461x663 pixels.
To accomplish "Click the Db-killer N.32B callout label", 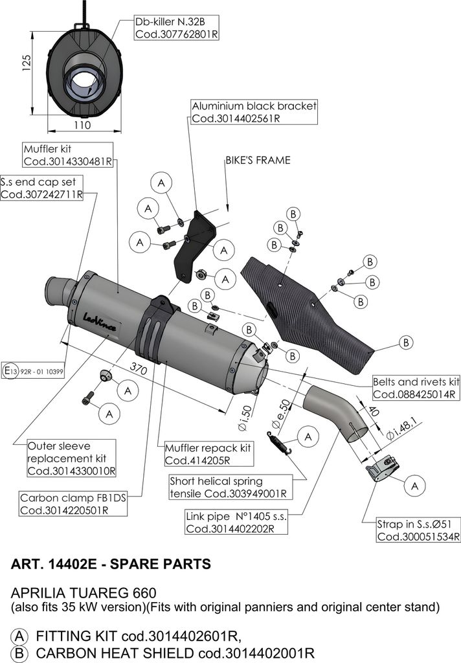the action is [177, 28].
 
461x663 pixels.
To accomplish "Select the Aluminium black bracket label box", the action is [254, 112].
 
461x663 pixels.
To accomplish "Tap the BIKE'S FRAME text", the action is [258, 161].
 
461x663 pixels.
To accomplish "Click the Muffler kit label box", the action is [68, 155].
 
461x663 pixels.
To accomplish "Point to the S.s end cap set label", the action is [41, 188].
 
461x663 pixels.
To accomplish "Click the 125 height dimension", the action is [27, 63].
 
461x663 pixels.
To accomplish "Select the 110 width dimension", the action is [82, 125].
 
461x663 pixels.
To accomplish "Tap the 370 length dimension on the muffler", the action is [139, 368].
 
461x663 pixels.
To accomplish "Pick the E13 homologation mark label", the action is [33, 371].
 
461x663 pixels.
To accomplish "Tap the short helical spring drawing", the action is [279, 443].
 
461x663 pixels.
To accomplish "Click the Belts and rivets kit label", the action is [416, 388].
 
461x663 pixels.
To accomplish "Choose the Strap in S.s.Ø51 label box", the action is [418, 530].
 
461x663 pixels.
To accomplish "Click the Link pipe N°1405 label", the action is [236, 523].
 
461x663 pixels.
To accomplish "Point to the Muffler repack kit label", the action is [209, 454].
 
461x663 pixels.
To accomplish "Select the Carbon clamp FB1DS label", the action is [73, 504].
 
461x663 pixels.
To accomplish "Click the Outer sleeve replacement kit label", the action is [71, 458].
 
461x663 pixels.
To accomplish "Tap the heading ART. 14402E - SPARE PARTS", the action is [111, 564].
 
